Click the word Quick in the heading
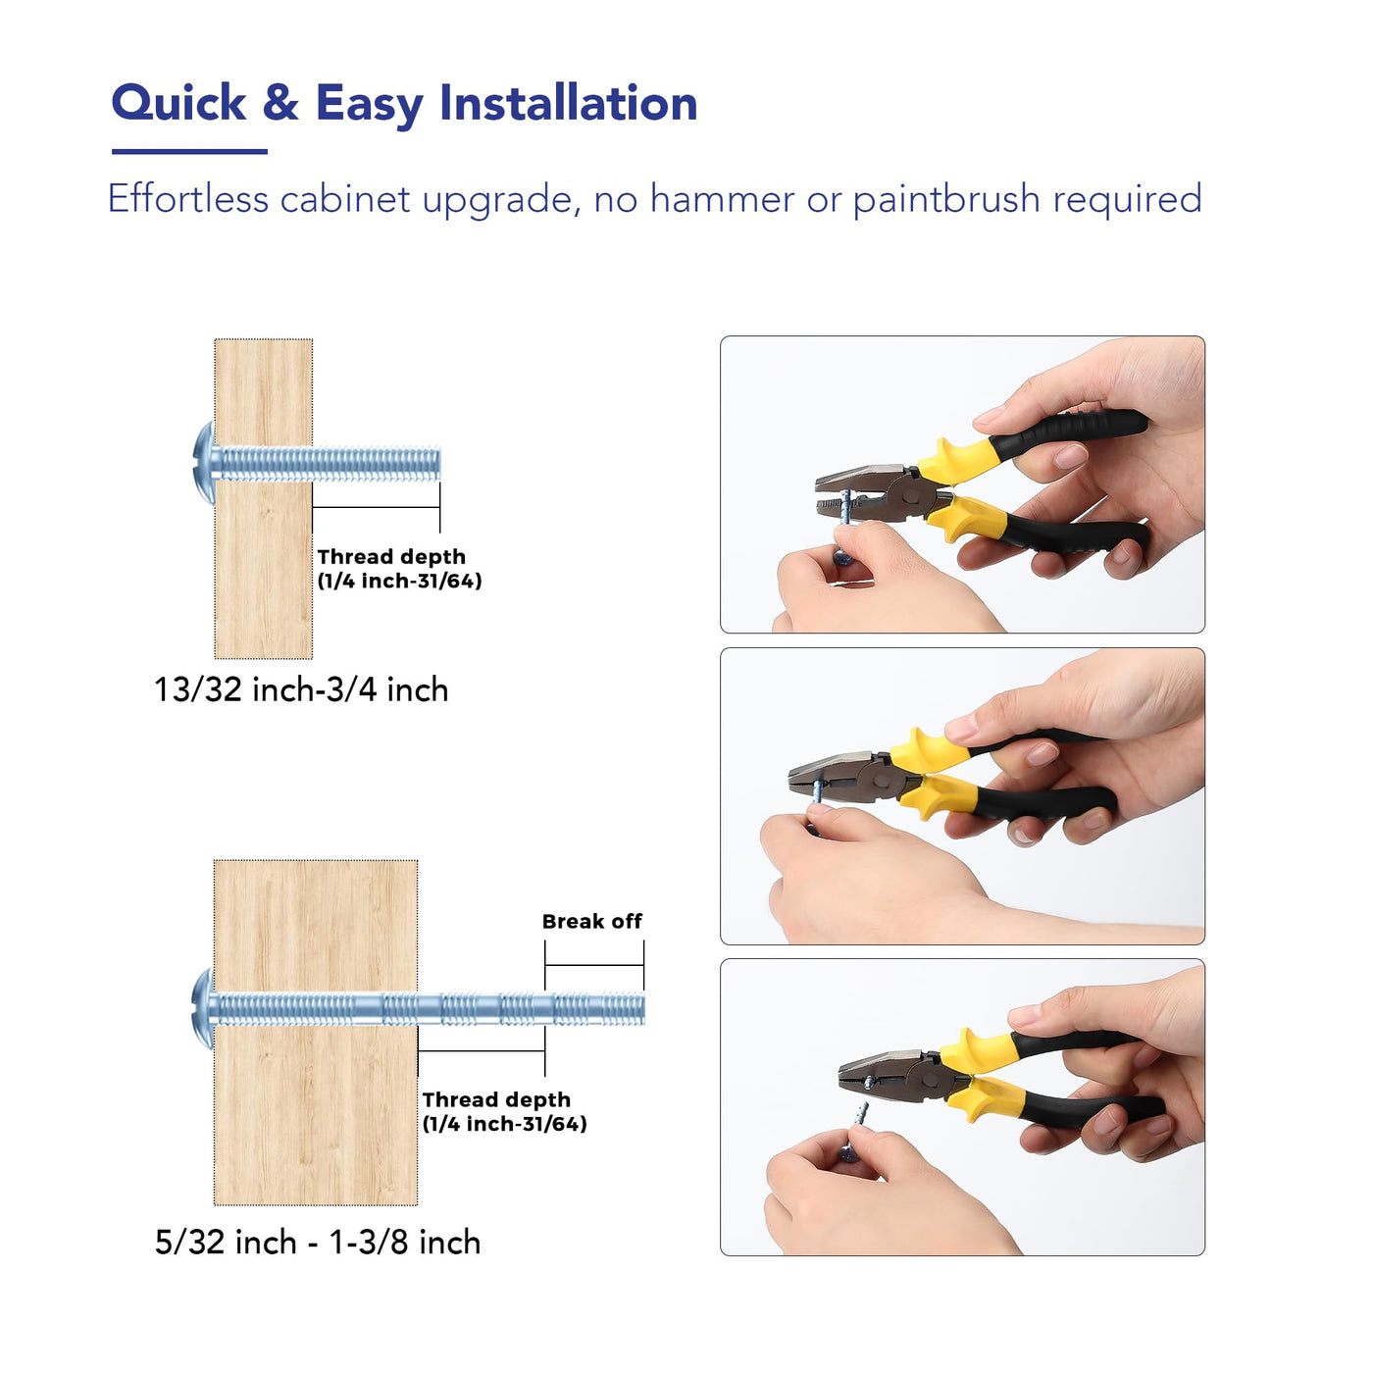pyautogui.click(x=178, y=103)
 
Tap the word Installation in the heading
pyautogui.click(x=568, y=103)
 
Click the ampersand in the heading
pyautogui.click(x=280, y=103)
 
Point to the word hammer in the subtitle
pyautogui.click(x=722, y=199)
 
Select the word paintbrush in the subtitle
pyautogui.click(x=946, y=200)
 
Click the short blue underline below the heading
pyautogui.click(x=189, y=151)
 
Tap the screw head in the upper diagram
pyautogui.click(x=205, y=463)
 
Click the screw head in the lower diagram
pyautogui.click(x=204, y=1008)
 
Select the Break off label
pyautogui.click(x=591, y=921)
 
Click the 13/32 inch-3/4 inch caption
pyautogui.click(x=301, y=689)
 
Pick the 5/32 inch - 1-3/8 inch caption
pyautogui.click(x=318, y=1242)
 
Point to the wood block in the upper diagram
pyautogui.click(x=264, y=499)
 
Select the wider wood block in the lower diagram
pyautogui.click(x=316, y=1033)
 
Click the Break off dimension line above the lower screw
pyautogui.click(x=594, y=965)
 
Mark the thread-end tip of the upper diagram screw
pyautogui.click(x=439, y=464)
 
